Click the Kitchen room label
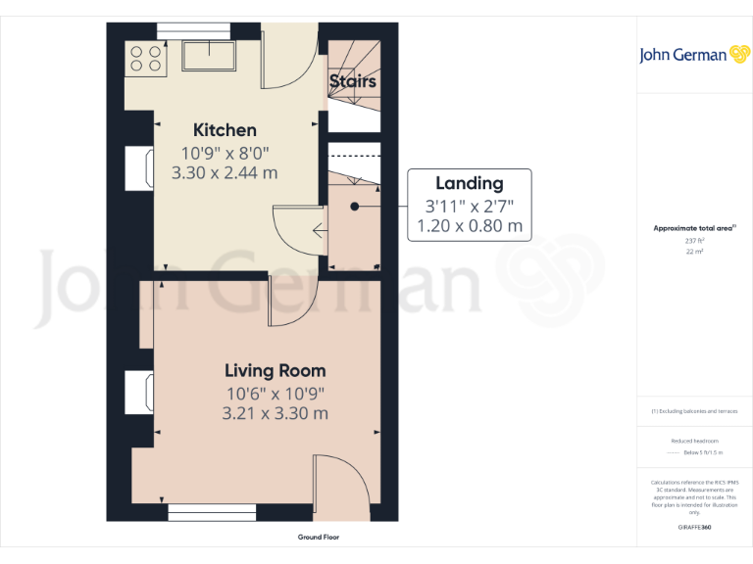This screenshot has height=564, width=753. click(225, 130)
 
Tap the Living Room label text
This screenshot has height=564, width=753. click(276, 371)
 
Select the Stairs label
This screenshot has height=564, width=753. click(352, 81)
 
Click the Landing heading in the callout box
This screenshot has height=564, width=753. click(470, 183)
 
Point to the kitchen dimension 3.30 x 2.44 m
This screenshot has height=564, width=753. click(225, 173)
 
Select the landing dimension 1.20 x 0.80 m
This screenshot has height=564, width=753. click(470, 227)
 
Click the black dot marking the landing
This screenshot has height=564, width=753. click(355, 207)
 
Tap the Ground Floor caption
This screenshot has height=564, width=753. click(319, 538)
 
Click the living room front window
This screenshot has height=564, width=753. click(212, 510)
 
